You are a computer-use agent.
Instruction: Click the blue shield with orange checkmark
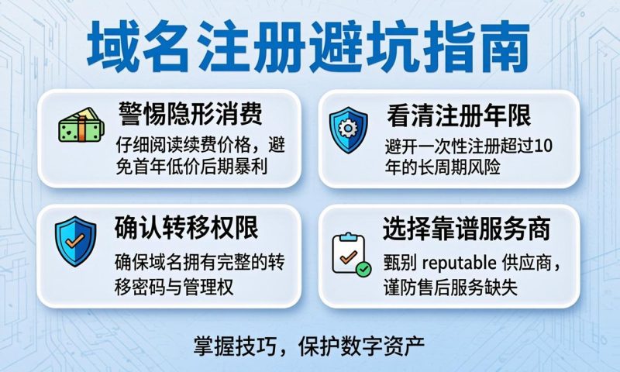coord(75,241)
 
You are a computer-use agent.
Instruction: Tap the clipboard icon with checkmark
coord(349,253)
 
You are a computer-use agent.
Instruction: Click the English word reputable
coord(463,261)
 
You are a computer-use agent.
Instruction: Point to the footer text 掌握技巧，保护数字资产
coord(310,344)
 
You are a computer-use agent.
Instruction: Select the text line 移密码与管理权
coord(174,285)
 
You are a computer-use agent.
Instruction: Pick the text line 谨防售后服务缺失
coord(449,285)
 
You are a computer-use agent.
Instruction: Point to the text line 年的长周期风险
coord(443,167)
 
